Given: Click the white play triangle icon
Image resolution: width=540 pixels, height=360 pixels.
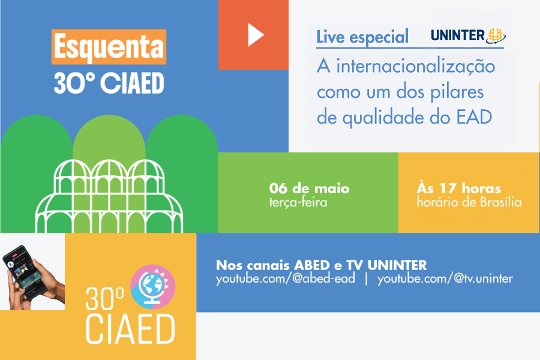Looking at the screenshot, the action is click(255, 35).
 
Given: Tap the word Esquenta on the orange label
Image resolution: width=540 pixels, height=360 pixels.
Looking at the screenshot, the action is click(109, 47).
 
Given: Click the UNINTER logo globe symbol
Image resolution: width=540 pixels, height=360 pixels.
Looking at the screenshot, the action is click(495, 36).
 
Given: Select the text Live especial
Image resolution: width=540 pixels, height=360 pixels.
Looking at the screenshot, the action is click(362, 37).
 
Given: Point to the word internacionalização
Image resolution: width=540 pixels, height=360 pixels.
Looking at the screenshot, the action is click(416, 66).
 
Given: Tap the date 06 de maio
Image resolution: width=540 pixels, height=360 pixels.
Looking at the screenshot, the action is click(309, 188).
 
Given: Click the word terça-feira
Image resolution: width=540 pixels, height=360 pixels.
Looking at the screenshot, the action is click(298, 202).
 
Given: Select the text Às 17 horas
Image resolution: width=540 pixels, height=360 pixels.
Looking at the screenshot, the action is click(459, 188).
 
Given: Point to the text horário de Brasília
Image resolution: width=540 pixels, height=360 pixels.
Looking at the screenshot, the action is click(469, 202).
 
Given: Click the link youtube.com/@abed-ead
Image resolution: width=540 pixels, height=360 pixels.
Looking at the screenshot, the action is click(286, 278).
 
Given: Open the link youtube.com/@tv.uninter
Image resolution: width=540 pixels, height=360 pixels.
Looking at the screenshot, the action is click(445, 278).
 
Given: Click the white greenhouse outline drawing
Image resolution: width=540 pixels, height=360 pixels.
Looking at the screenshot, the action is click(109, 196).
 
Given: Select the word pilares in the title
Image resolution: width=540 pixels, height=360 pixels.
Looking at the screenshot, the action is click(457, 92).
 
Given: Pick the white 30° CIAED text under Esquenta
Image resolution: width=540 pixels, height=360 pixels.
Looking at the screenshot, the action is click(109, 83).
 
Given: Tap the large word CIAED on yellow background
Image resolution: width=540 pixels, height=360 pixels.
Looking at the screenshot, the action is click(130, 329).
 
